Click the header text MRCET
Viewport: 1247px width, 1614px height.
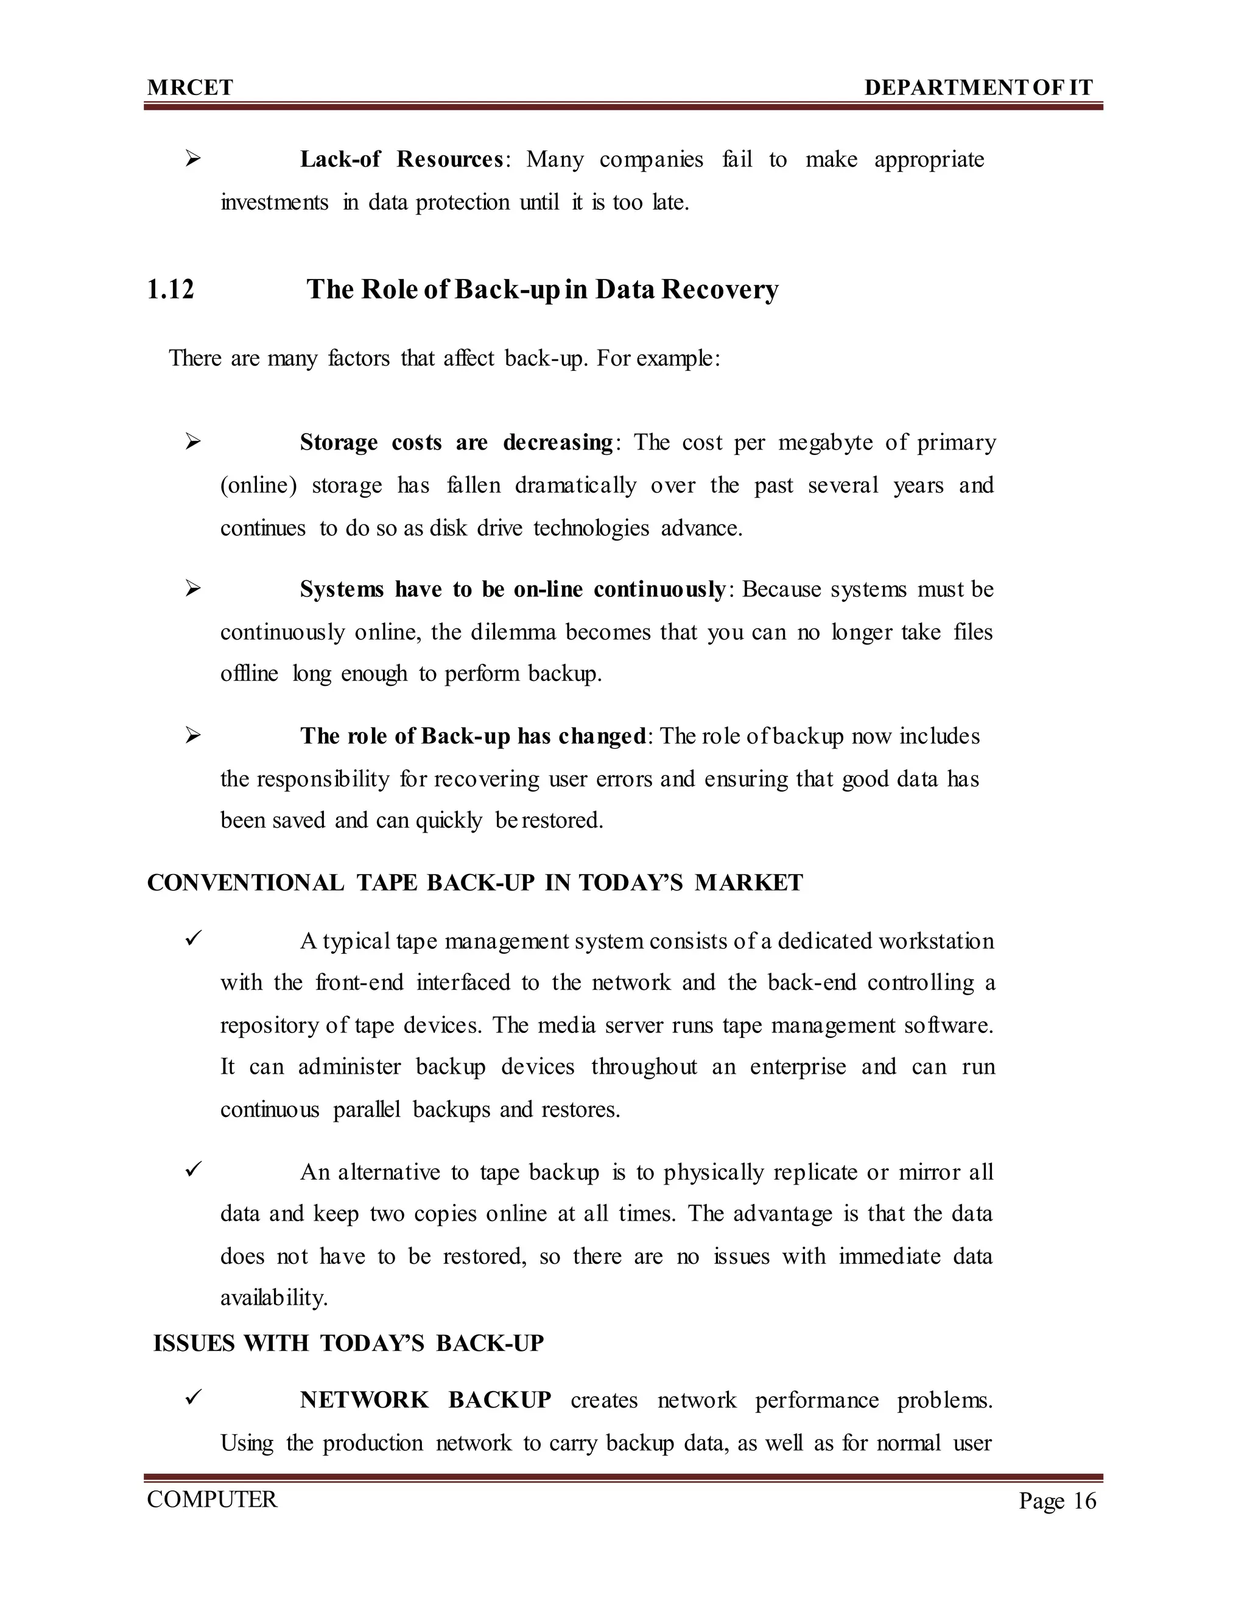coord(190,88)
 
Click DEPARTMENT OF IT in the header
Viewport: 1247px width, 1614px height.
coord(978,88)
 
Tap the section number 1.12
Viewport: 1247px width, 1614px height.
coord(170,289)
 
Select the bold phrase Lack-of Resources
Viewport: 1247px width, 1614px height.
coord(401,160)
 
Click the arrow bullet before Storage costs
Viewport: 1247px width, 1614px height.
coord(194,442)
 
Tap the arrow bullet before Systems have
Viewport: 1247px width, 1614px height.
coord(194,589)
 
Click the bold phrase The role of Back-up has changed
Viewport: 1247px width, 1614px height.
coord(472,736)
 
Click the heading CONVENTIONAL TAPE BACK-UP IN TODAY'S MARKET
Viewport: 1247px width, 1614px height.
coord(475,883)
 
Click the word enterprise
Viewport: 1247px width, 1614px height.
coord(797,1067)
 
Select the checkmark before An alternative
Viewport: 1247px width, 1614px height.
coord(194,1171)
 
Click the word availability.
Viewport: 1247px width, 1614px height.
coord(274,1299)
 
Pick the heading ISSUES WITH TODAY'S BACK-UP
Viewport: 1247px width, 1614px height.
coord(348,1343)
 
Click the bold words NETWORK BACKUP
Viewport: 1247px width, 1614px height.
coord(425,1400)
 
